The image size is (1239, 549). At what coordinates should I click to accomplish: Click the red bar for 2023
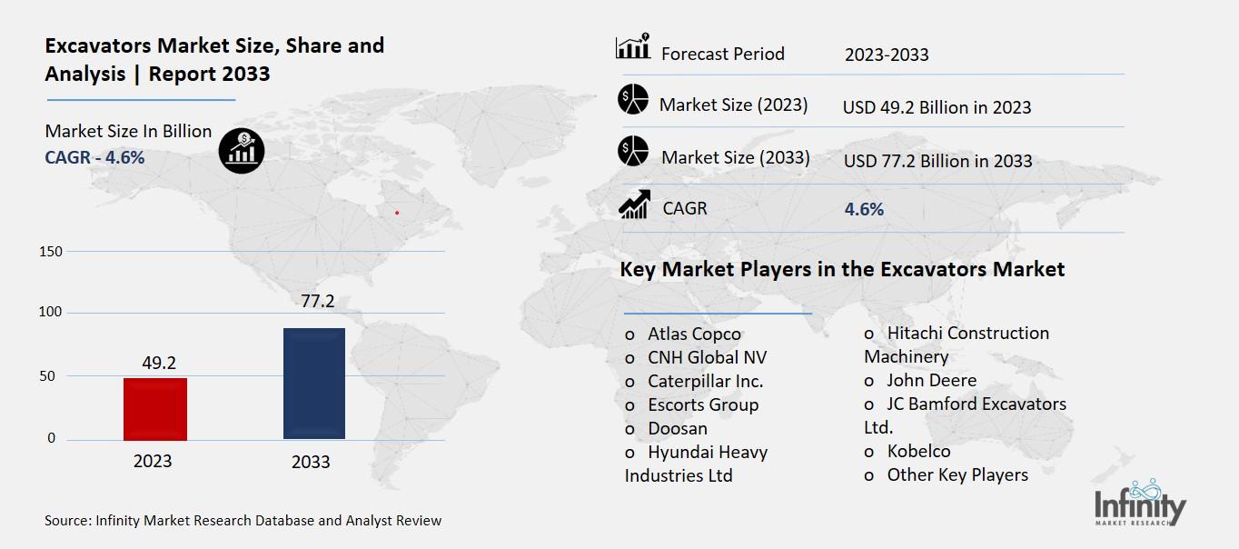pos(154,409)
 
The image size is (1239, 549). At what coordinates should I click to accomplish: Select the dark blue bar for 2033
pos(314,384)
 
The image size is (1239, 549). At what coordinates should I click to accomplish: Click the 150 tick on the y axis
pos(52,252)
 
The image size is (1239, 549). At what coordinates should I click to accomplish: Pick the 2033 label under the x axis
pos(311,462)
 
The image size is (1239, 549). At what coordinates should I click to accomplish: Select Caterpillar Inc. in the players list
pos(705,381)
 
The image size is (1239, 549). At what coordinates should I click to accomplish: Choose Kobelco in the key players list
pos(918,451)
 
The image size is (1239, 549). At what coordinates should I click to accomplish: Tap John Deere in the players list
pos(931,380)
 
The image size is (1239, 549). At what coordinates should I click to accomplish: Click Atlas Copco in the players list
pos(694,334)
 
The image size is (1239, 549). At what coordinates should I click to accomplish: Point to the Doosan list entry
pos(677,428)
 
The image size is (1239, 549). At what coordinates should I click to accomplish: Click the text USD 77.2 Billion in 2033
pos(937,161)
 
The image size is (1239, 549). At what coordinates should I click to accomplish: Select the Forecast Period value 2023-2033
pos(887,55)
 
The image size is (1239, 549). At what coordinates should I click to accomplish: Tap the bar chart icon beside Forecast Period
pos(632,48)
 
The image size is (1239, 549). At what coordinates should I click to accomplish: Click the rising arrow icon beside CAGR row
pos(632,206)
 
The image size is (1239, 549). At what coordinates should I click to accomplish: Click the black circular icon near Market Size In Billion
pos(242,150)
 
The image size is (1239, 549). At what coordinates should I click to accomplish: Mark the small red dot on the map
pos(397,213)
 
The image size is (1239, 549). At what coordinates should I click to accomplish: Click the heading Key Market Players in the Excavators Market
pos(842,270)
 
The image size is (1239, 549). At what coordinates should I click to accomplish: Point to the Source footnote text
pos(243,521)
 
